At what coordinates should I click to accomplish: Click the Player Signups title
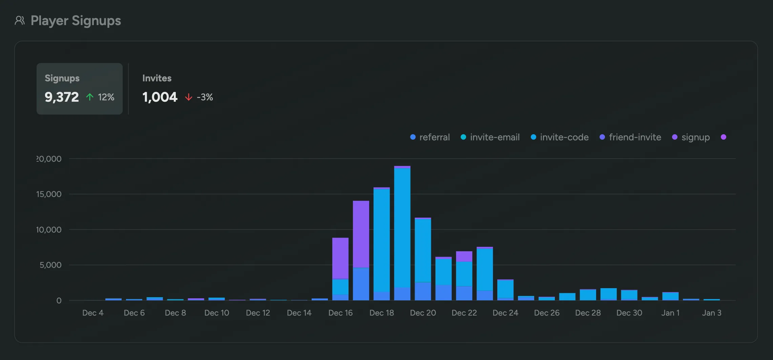coord(76,21)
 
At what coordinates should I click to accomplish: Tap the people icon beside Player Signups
coord(20,21)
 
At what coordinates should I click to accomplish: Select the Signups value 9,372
coord(62,97)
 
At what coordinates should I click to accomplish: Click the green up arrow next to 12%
coord(90,97)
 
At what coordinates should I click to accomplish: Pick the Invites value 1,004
coord(160,97)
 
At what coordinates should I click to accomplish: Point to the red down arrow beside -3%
coord(189,98)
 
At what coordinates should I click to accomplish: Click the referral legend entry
coord(430,137)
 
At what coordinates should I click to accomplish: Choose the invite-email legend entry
coord(490,137)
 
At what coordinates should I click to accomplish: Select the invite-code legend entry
coord(560,137)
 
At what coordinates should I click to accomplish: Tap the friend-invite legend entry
coord(630,137)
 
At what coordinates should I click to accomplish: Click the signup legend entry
coord(691,137)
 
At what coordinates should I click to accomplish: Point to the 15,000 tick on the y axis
coord(49,194)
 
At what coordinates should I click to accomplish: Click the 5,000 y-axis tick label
coord(50,265)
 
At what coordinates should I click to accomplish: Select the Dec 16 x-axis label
coord(340,313)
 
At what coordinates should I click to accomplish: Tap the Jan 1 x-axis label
coord(670,313)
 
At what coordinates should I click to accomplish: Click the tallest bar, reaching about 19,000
coord(402,234)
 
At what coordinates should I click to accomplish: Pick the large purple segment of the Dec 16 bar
coord(340,258)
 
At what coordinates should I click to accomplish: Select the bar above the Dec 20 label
coord(423,259)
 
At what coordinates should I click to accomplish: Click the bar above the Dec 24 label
coord(505,290)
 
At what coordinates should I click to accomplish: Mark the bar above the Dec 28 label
coord(588,295)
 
